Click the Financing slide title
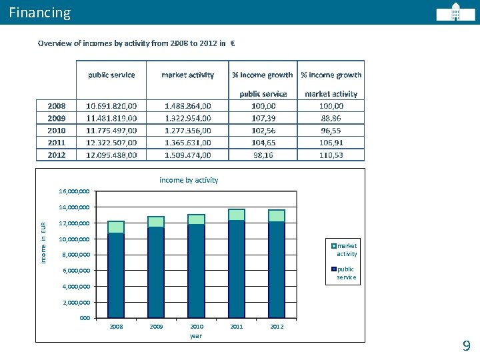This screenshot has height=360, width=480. point(40,13)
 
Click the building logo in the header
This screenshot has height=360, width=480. point(456,13)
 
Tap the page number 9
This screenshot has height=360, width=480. point(466,345)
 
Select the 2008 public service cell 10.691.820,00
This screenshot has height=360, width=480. point(111,106)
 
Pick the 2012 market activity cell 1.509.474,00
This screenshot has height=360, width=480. point(187,155)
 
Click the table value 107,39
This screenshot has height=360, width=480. point(262,118)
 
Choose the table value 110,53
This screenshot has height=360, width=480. point(331,155)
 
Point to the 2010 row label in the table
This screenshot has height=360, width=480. point(57,130)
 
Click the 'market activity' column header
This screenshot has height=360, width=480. point(187,75)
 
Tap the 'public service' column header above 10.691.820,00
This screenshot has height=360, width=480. point(111,75)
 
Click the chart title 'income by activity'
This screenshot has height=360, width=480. point(189,180)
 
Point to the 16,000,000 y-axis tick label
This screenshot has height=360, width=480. point(74,191)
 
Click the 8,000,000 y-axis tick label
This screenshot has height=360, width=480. point(74,255)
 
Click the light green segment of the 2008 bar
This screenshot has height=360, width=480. point(116,227)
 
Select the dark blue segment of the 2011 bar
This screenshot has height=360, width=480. point(237,267)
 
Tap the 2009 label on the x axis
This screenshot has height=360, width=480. point(157,327)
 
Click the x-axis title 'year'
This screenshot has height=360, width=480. point(196,336)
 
